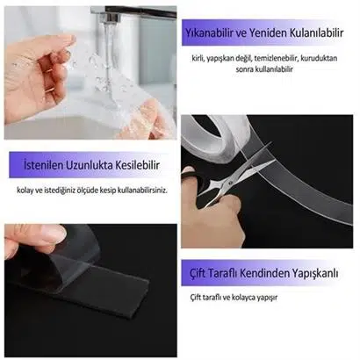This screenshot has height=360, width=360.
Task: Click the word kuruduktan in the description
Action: pos(319,58)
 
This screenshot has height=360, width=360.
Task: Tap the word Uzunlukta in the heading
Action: pos(90,165)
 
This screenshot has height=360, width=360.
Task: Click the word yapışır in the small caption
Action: pos(267,298)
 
